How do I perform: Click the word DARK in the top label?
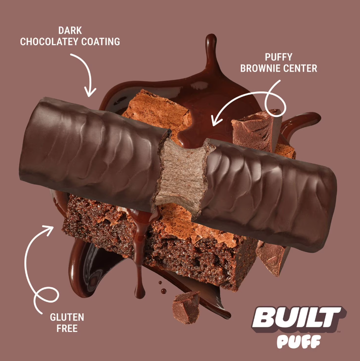pyautogui.click(x=70, y=30)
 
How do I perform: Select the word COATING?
pyautogui.click(x=101, y=42)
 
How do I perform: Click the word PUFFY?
pyautogui.click(x=279, y=57)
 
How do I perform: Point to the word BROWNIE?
pyautogui.click(x=261, y=69)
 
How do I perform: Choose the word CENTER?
pyautogui.click(x=300, y=69)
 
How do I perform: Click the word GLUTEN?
pyautogui.click(x=67, y=317)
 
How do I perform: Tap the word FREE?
pyautogui.click(x=67, y=328)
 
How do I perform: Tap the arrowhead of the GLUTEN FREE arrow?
pyautogui.click(x=48, y=230)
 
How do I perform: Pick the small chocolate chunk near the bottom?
pyautogui.click(x=186, y=308)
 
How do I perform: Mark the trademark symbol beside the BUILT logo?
pyautogui.click(x=338, y=332)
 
